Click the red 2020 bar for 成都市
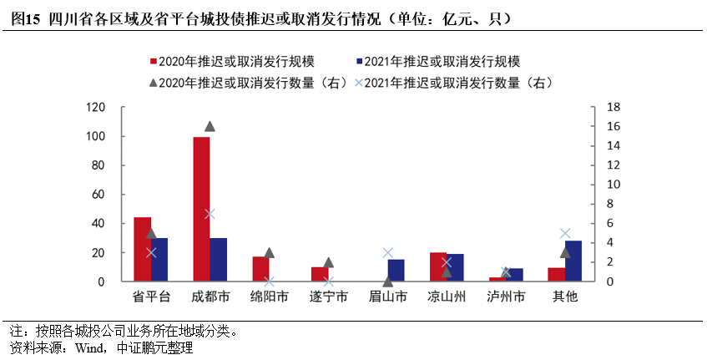click(x=201, y=209)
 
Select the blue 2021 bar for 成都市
click(x=218, y=260)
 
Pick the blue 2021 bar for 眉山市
click(x=396, y=271)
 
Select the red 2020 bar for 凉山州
click(x=438, y=266)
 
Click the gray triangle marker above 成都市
click(x=210, y=126)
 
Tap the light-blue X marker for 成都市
click(x=210, y=214)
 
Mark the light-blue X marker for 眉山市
click(x=387, y=252)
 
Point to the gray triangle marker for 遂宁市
click(x=328, y=262)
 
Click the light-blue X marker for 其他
click(x=565, y=233)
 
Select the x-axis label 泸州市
click(x=506, y=297)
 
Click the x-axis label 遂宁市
click(x=328, y=297)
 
